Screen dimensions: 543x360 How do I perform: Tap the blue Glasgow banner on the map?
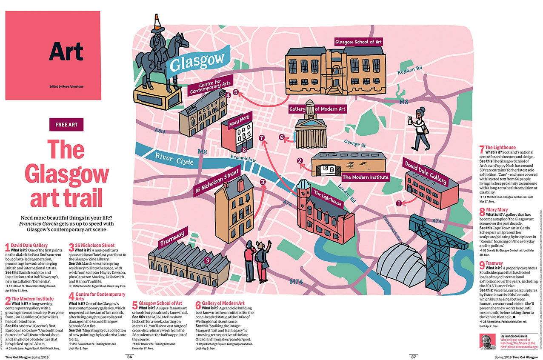point(197,62)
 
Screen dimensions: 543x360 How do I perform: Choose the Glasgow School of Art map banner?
point(358,42)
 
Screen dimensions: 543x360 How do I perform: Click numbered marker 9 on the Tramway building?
point(207,260)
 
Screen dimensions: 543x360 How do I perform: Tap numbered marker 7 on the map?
point(261,138)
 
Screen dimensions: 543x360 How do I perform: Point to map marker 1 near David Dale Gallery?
point(399,203)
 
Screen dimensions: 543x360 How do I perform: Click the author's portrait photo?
point(489,341)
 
